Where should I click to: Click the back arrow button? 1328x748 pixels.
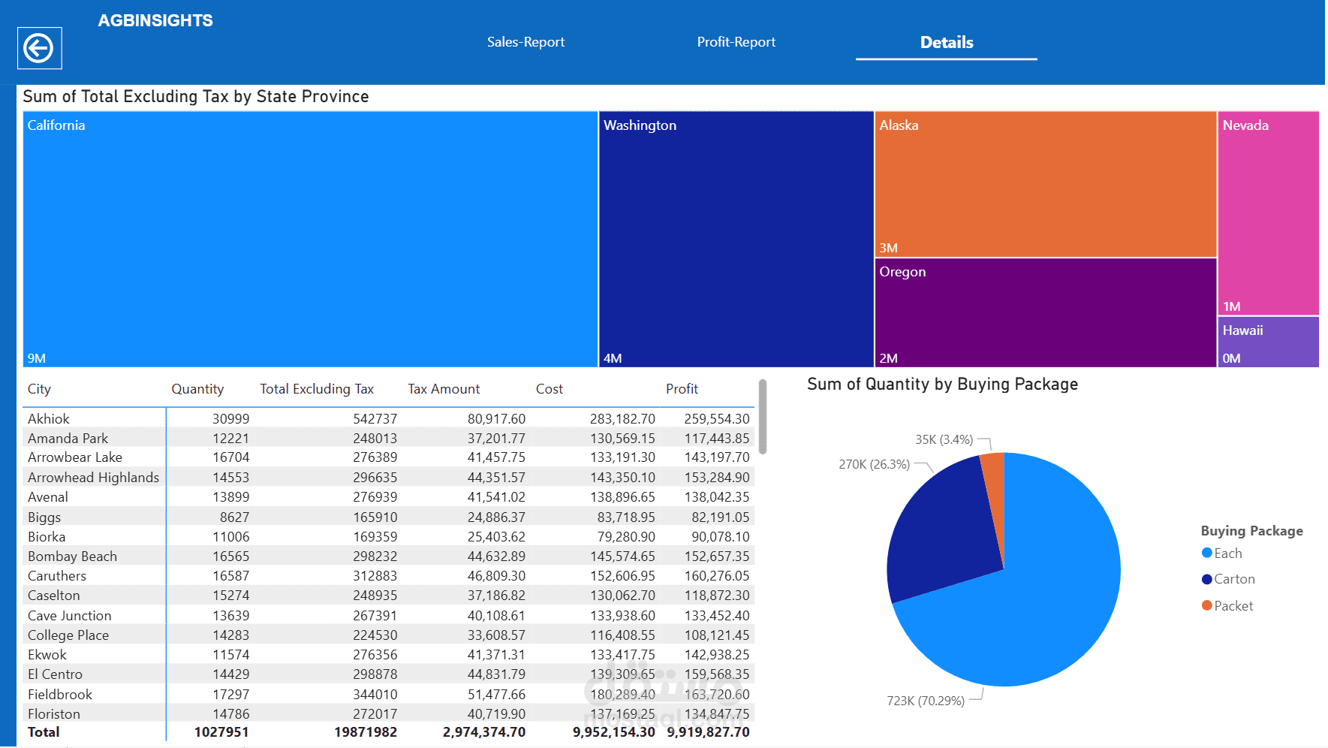[x=39, y=49]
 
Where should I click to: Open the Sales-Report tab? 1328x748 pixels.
[x=525, y=42]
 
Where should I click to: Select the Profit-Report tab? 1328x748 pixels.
[x=736, y=42]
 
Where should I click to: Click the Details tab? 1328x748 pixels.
[x=946, y=42]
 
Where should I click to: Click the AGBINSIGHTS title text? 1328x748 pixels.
[x=155, y=20]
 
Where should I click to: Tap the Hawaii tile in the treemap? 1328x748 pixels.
[x=1267, y=342]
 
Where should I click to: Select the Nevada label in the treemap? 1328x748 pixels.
[x=1245, y=125]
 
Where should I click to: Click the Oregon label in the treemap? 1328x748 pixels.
[x=902, y=272]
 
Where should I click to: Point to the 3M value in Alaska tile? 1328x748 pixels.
[x=888, y=248]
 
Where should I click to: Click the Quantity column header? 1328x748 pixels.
[x=197, y=389]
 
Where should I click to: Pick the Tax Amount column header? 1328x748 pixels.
[x=444, y=389]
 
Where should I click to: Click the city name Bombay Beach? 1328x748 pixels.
[x=72, y=556]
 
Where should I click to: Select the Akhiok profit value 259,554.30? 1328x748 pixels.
[x=716, y=419]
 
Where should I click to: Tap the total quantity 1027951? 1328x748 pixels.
[x=221, y=732]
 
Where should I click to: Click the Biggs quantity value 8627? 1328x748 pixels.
[x=234, y=517]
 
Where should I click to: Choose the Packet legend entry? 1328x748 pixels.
[x=1233, y=606]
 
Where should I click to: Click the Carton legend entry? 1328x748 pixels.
[x=1233, y=579]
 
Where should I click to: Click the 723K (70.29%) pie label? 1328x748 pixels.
[x=926, y=701]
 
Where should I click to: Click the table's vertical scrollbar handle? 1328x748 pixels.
[x=763, y=417]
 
